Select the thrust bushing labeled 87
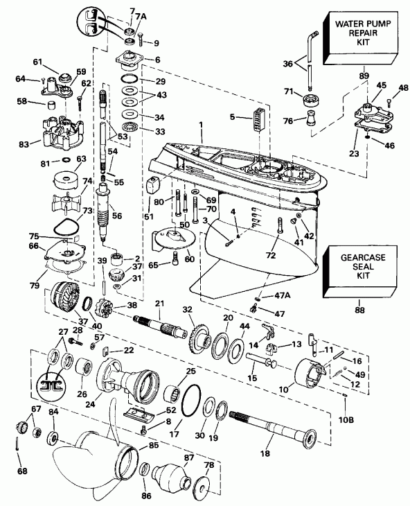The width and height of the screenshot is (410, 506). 170,476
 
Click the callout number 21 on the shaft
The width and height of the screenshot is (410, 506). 160,304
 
